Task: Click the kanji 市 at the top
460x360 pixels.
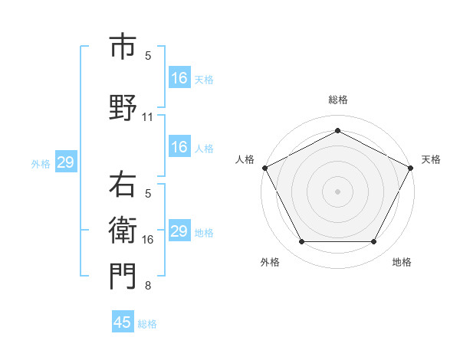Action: (123, 47)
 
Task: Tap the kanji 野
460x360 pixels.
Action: (123, 107)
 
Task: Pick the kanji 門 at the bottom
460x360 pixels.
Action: (123, 277)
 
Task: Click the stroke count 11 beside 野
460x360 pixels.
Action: (148, 117)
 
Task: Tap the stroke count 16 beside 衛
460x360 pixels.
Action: (148, 240)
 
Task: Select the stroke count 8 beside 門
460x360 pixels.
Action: (148, 286)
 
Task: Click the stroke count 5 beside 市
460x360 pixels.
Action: (148, 56)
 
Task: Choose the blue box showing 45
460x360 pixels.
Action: (123, 322)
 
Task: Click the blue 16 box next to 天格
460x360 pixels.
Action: (179, 78)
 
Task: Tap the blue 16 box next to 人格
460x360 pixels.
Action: (179, 147)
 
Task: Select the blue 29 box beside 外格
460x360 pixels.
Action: (65, 162)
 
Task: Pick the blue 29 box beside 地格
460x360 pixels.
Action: (179, 231)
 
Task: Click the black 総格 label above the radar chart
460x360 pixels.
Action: (337, 100)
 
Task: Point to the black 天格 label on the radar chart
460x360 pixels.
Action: (431, 159)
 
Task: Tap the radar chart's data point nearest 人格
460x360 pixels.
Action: (264, 167)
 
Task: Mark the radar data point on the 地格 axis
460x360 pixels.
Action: (374, 242)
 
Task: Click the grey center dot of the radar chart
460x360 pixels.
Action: (337, 191)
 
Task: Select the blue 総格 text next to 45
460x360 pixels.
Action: (147, 324)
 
